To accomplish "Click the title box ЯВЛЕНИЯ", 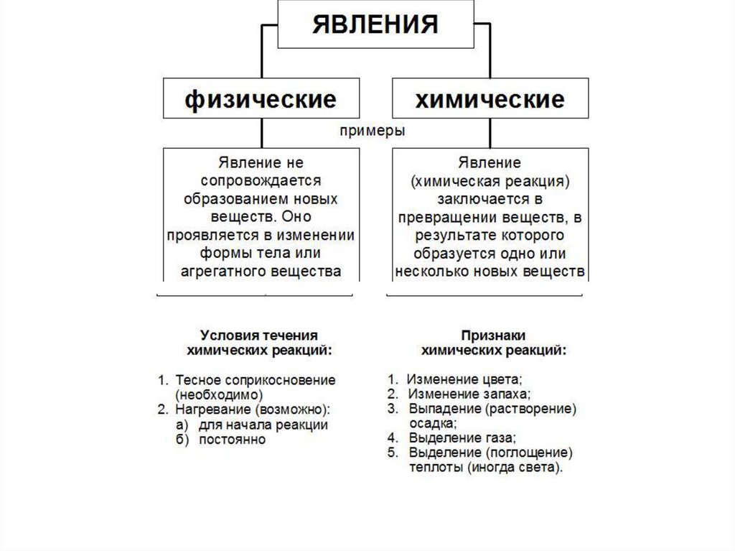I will point(375,24).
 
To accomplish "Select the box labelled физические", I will point(261,98).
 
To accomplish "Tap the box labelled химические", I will point(490,98).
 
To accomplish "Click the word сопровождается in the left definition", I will point(260,180).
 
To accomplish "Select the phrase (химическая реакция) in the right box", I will point(490,181).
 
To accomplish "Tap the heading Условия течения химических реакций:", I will point(259,343).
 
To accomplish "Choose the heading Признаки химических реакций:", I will point(493,343).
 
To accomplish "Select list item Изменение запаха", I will point(469,394).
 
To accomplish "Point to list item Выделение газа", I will point(462,437).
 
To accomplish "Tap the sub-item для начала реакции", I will point(263,425).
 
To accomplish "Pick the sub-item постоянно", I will point(232,439).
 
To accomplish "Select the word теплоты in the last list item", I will point(434,468).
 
